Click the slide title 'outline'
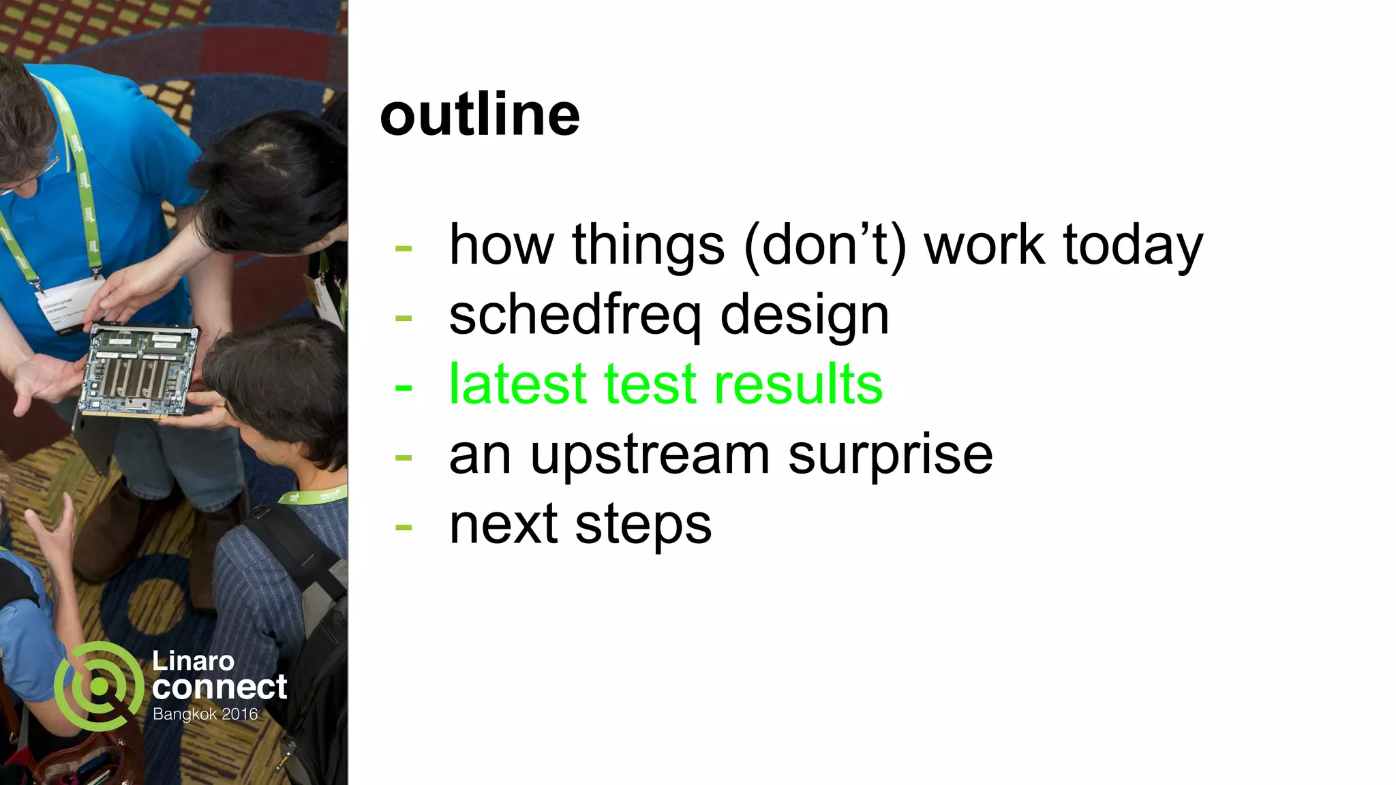[479, 114]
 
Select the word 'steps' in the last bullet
[643, 525]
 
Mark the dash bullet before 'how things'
[404, 248]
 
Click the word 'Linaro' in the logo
[193, 660]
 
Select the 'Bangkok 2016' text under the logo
[205, 714]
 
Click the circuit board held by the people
[140, 371]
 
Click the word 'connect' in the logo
[219, 687]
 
